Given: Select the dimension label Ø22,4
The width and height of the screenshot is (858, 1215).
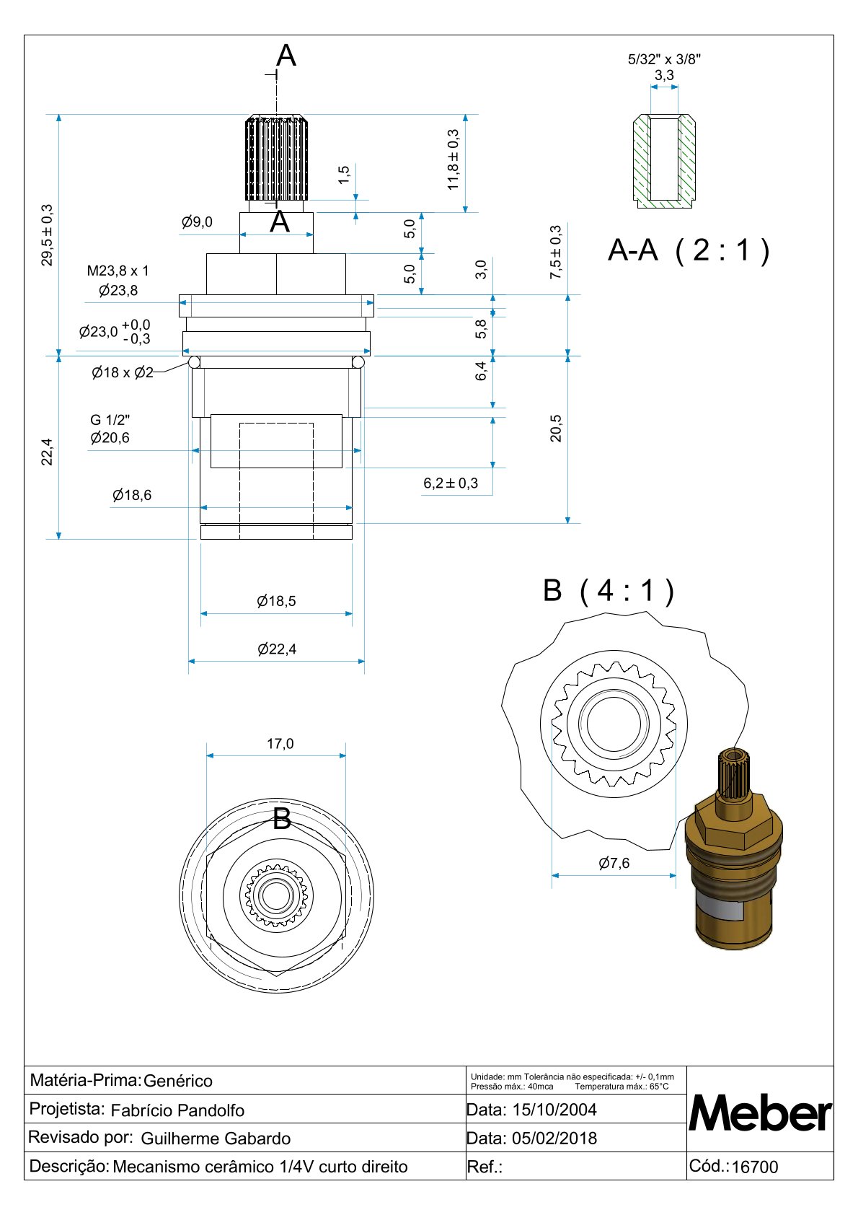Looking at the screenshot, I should tap(277, 649).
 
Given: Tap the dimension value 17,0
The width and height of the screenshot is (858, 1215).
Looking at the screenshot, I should tap(280, 744).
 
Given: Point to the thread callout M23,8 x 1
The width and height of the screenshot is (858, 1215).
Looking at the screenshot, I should tap(118, 271).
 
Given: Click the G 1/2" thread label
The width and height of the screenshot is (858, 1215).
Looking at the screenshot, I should tap(110, 420).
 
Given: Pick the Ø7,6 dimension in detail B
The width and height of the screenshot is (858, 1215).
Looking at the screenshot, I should tap(614, 864).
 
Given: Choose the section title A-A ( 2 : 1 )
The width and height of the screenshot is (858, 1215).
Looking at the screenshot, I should tap(689, 250).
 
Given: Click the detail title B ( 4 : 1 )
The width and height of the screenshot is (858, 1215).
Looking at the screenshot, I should tap(609, 590).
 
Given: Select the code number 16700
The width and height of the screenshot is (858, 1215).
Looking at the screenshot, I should tap(755, 1167).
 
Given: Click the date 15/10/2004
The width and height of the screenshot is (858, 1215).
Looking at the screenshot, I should tap(554, 1110).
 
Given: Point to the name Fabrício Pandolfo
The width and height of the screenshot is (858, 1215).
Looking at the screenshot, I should tap(177, 1110).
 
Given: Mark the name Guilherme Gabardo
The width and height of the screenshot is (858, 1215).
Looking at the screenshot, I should tap(216, 1139).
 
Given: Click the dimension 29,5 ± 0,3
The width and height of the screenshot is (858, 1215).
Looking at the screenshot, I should tap(48, 234).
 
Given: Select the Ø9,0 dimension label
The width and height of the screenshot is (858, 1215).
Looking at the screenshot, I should tap(197, 222).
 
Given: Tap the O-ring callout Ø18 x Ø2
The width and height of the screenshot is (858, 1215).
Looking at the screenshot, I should tap(123, 373).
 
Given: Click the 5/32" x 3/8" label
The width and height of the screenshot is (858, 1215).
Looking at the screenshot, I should tap(664, 60).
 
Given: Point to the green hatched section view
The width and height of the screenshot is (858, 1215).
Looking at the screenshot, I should tap(664, 161).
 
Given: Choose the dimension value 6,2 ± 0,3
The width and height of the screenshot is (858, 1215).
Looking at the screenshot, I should tap(451, 483).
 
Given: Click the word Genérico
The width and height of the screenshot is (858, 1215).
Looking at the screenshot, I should tap(178, 1081).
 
